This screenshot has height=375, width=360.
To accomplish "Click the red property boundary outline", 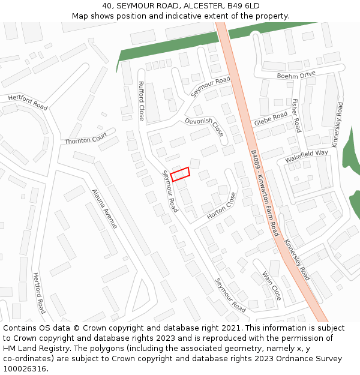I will (180, 174).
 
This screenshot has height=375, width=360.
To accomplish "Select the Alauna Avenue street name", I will (104, 209).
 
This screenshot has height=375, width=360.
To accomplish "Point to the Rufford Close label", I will (142, 101).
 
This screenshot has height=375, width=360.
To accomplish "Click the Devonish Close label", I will (204, 127).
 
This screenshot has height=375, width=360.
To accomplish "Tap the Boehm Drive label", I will (296, 75).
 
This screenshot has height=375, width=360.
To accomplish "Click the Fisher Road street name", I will (296, 115).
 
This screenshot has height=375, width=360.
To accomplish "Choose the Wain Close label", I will (272, 286).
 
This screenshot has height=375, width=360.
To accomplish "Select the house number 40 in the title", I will (107, 5).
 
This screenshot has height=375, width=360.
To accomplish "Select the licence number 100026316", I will (24, 369).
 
